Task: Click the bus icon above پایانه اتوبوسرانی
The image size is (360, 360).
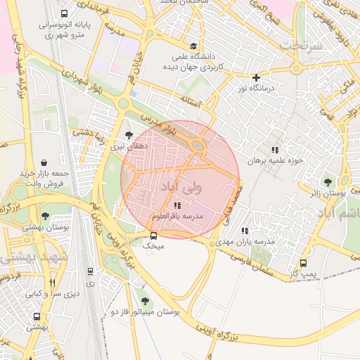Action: pyautogui.click(x=65, y=13)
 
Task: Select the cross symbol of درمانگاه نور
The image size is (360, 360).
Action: pyautogui.click(x=256, y=77)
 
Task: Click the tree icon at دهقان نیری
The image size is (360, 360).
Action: pyautogui.click(x=128, y=134)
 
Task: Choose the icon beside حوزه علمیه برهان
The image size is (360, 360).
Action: pyautogui.click(x=275, y=149)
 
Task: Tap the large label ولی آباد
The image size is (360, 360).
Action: pyautogui.click(x=181, y=187)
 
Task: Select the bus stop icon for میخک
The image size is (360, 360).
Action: pyautogui.click(x=154, y=236)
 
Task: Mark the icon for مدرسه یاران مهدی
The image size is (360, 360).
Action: pyautogui.click(x=245, y=230)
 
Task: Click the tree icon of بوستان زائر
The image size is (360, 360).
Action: pyautogui.click(x=327, y=182)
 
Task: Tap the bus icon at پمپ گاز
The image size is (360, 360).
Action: pyautogui.click(x=303, y=263)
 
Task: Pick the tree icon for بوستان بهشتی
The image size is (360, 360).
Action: pyautogui.click(x=46, y=216)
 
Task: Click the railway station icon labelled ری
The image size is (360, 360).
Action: pyautogui.click(x=90, y=271)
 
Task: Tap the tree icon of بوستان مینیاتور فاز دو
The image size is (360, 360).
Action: pyautogui.click(x=145, y=300)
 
